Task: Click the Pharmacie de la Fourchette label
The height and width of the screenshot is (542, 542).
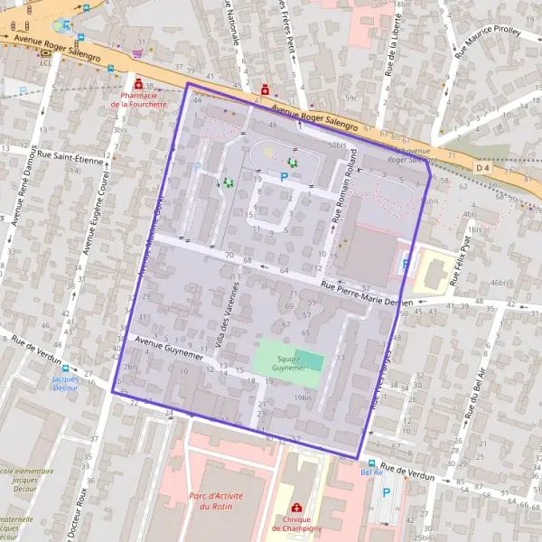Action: pos(139,99)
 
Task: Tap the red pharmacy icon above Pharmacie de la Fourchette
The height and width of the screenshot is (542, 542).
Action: pos(138,84)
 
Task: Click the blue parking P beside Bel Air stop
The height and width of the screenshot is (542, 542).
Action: pos(387,492)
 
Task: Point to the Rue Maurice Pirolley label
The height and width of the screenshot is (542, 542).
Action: pos(488,42)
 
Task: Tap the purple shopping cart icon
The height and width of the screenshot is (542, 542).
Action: pos(137,53)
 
